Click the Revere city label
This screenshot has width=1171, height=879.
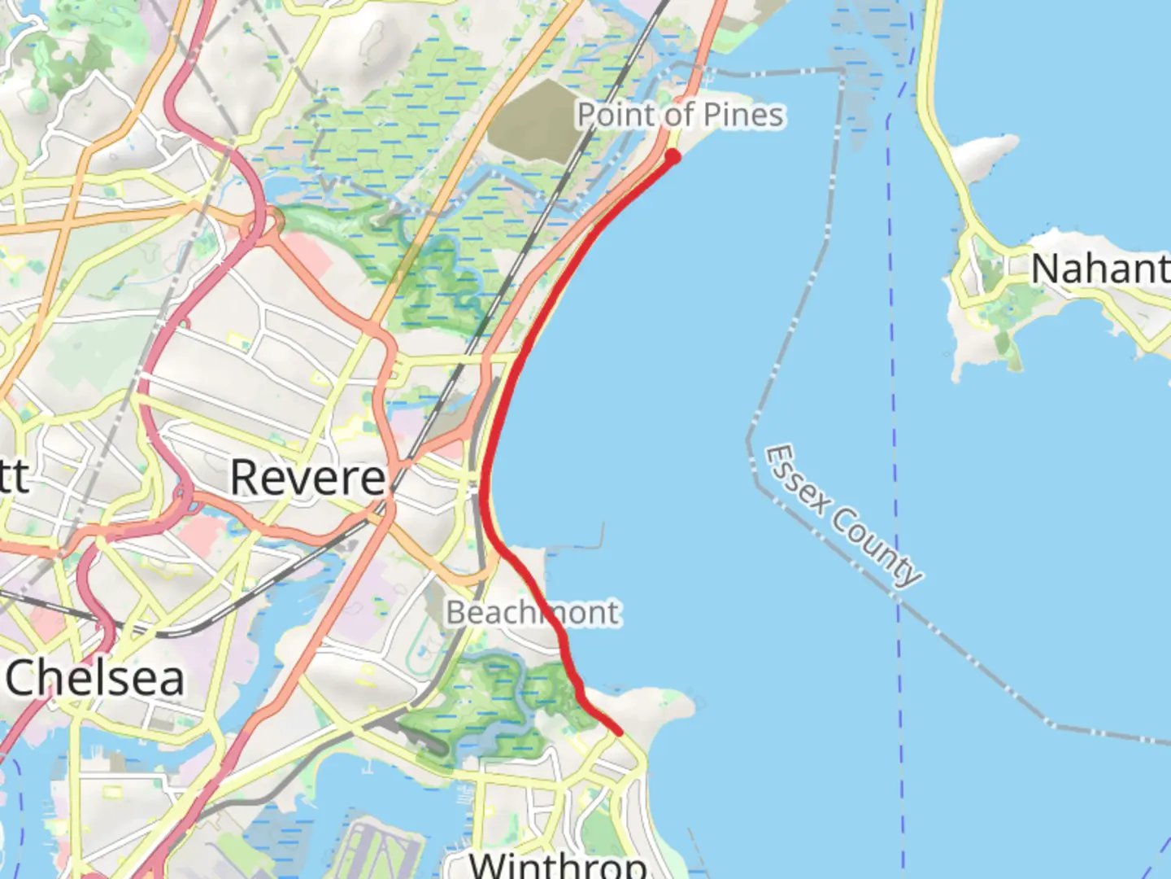(x=307, y=478)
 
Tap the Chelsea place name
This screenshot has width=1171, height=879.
(x=95, y=678)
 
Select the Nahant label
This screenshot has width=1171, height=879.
(x=1099, y=269)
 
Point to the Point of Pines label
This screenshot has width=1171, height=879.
(x=681, y=115)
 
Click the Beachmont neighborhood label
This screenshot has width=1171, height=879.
(x=533, y=612)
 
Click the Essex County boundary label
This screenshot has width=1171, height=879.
(x=844, y=514)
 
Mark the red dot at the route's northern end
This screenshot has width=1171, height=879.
(x=673, y=155)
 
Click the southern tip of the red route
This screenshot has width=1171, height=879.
(x=620, y=732)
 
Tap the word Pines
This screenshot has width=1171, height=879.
(x=744, y=115)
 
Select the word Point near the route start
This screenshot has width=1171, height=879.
(x=616, y=115)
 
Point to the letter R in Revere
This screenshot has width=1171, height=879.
(x=247, y=478)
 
